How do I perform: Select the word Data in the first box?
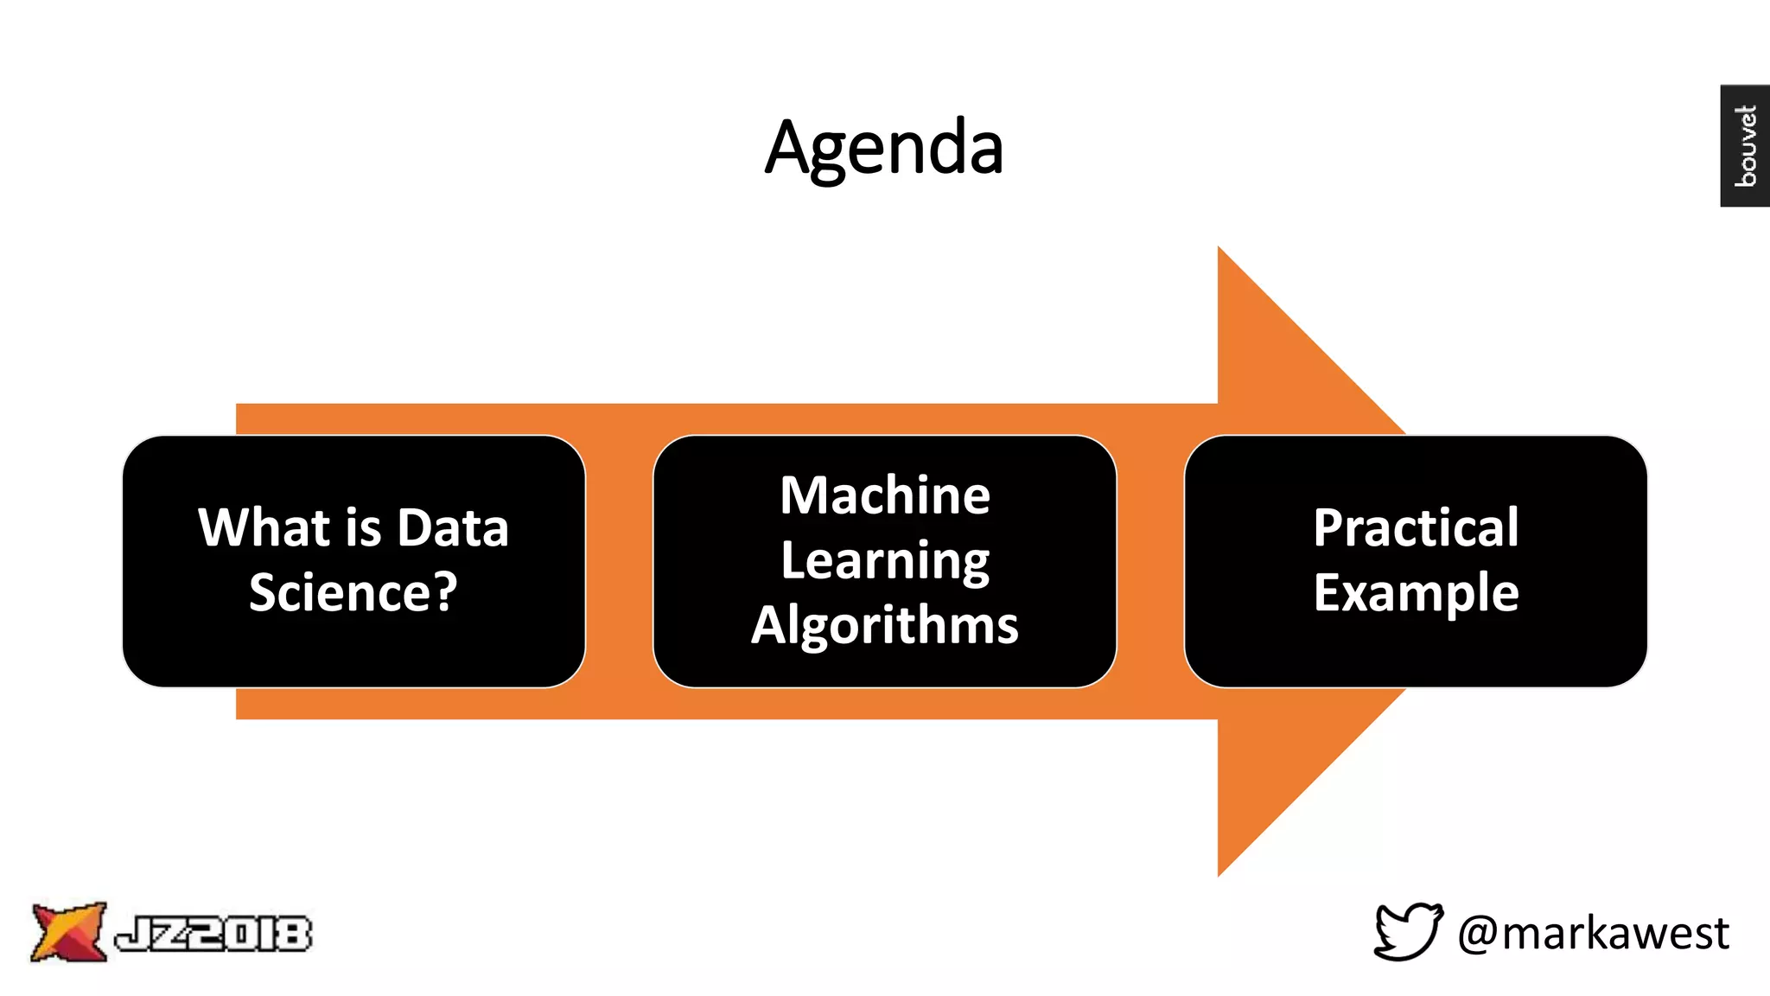tap(453, 527)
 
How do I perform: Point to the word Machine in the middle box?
tap(885, 495)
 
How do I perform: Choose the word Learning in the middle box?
tap(885, 561)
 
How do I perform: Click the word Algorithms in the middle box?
tap(885, 625)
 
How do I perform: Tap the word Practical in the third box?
tap(1416, 527)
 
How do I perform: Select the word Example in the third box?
tap(1416, 593)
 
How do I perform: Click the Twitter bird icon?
tap(1408, 931)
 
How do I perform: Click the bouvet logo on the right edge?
tap(1744, 145)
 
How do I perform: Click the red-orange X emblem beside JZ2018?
tap(67, 931)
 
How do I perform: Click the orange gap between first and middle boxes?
tap(619, 562)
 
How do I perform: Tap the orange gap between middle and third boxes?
tap(1149, 562)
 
